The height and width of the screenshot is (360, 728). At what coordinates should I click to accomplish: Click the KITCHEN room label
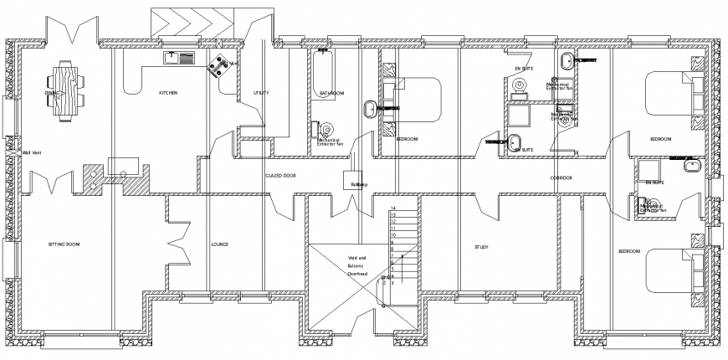[x=168, y=93]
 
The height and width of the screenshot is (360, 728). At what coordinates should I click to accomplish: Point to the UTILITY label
[x=260, y=93]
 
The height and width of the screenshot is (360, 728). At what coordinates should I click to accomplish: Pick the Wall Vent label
[x=32, y=152]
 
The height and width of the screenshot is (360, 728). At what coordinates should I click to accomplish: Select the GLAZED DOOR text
[x=280, y=177]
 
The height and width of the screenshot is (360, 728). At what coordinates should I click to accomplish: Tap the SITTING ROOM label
[x=64, y=244]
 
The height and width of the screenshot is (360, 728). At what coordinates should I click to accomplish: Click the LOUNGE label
[x=220, y=244]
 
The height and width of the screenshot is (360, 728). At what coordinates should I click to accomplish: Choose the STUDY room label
[x=481, y=247]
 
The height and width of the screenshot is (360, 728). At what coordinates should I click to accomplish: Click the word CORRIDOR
[x=561, y=178]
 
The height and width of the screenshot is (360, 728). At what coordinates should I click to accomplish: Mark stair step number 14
[x=392, y=208]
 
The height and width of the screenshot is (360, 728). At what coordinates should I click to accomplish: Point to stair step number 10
[x=392, y=235]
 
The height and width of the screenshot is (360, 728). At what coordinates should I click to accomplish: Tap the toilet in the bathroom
[x=318, y=131]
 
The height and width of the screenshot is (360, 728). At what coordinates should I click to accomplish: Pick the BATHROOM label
[x=331, y=93]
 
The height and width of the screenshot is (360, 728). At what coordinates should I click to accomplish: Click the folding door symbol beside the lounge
[x=179, y=243]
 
